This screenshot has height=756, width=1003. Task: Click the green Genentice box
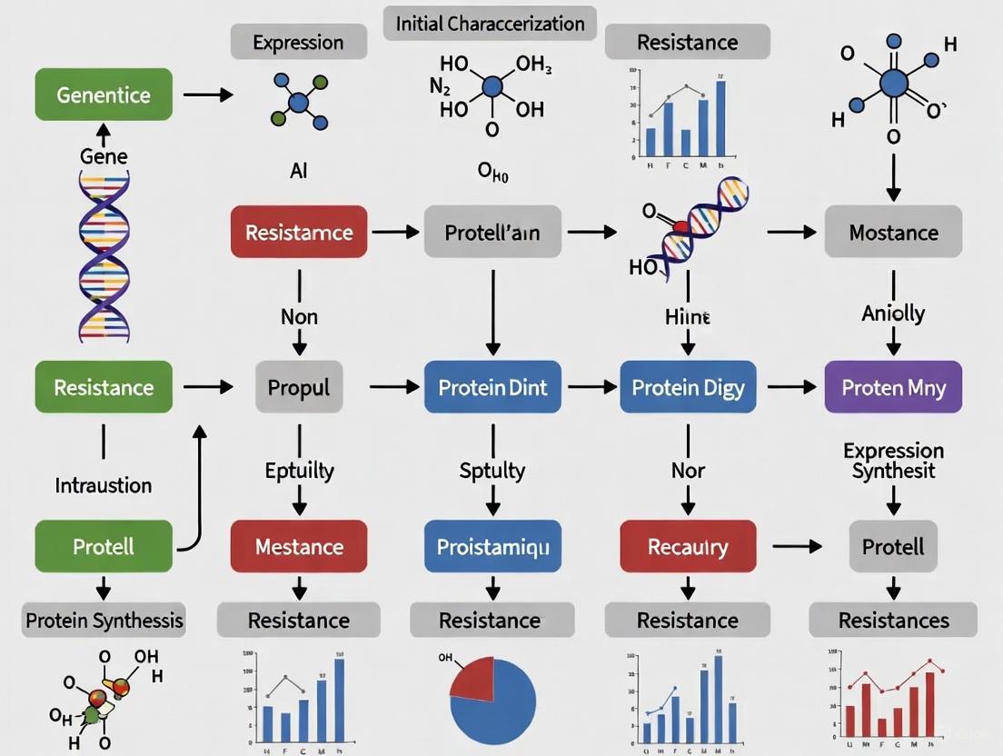pos(104,94)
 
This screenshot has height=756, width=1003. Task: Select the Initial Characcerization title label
pos(490,23)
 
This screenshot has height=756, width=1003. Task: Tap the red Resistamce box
pos(299,232)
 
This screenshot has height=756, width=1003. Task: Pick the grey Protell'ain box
pos(492,232)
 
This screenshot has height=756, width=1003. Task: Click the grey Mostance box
pos(893,232)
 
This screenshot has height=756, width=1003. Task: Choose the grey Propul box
pos(299,387)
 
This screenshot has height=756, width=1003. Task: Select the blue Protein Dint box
pos(492,387)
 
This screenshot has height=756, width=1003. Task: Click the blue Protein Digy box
pos(688,387)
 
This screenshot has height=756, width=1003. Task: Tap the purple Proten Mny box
pos(893,387)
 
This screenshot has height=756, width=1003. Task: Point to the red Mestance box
pos(299,546)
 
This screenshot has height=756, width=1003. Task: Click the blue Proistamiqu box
pos(492,546)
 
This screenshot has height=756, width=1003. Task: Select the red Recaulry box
pos(688,546)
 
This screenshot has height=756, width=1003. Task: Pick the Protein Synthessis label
pos(104,621)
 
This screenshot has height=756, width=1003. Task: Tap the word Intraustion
pos(104,484)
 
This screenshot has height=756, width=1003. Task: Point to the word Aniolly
pos(893,313)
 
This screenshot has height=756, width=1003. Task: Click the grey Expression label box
pos(298,42)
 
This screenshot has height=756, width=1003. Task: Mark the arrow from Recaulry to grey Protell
pos(796,546)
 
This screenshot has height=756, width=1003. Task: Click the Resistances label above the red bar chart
pos(893,621)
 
